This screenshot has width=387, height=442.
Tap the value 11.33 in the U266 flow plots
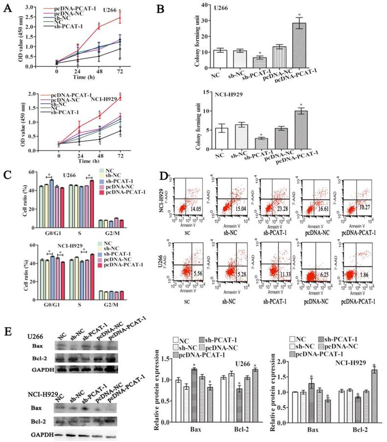(x=279, y=275)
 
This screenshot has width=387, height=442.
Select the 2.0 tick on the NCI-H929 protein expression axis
(x=281, y=361)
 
